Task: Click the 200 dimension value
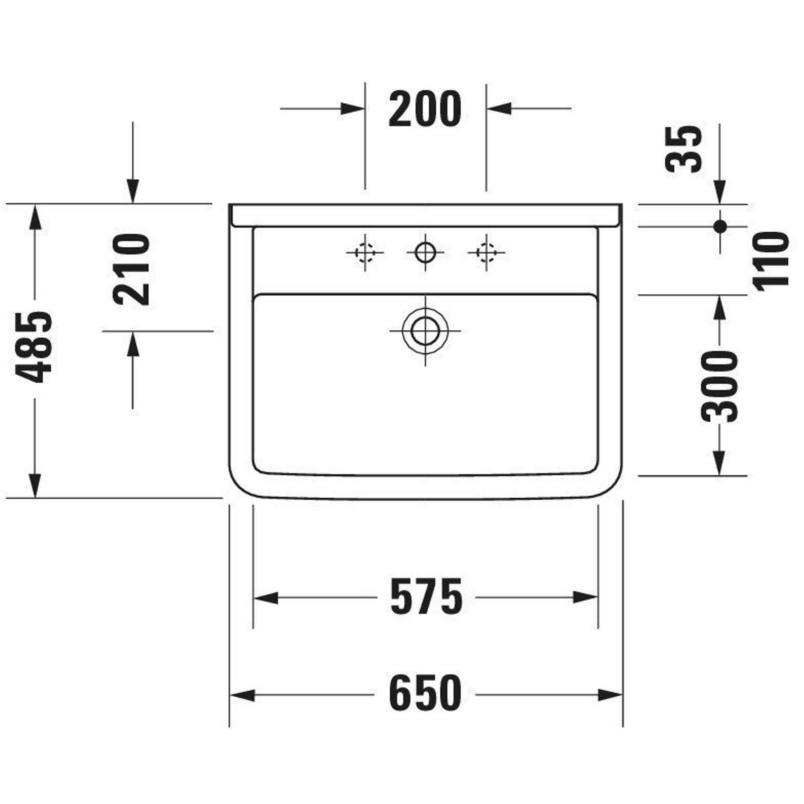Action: (x=425, y=109)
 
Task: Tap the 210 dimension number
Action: (x=131, y=270)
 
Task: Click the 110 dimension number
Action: (x=771, y=259)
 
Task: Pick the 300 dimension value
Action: (x=719, y=387)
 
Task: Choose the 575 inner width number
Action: (x=426, y=598)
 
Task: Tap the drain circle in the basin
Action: (x=425, y=331)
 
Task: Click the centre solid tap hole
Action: (x=425, y=252)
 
